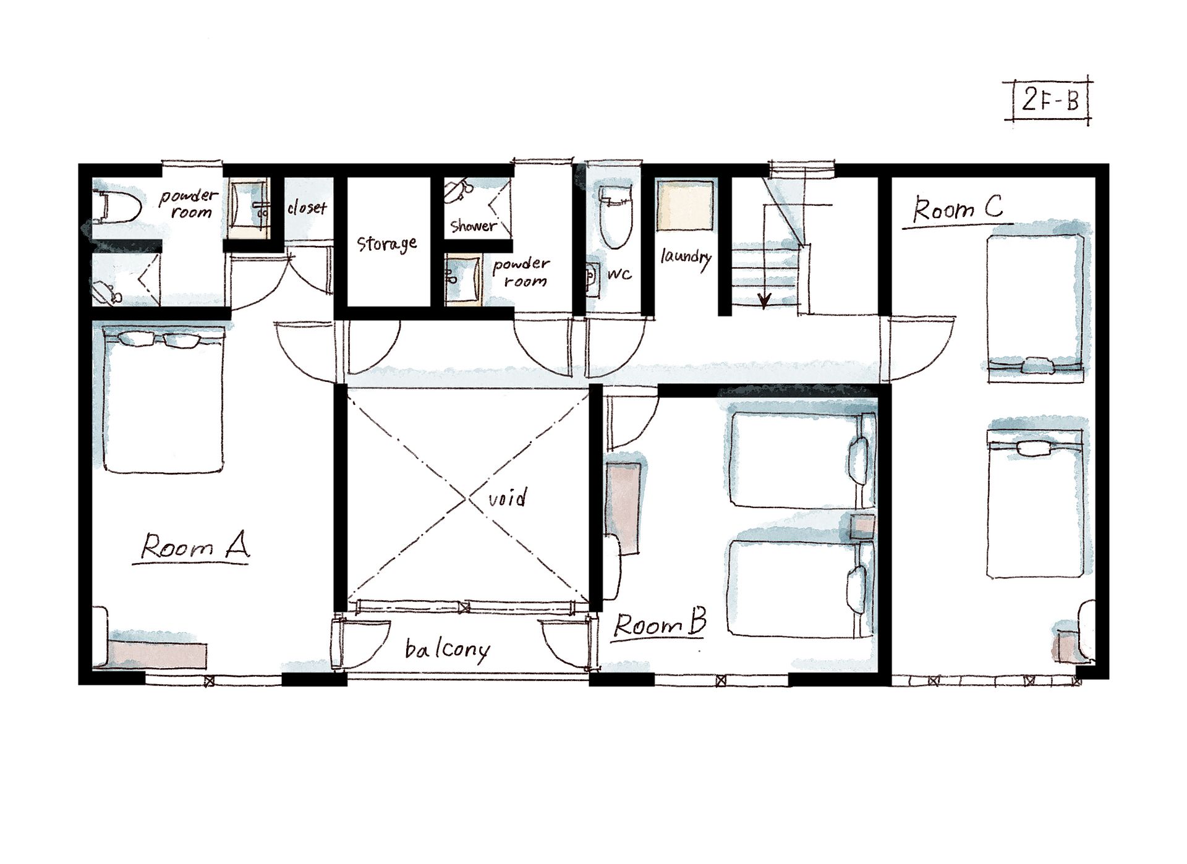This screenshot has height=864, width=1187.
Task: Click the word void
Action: tap(508, 497)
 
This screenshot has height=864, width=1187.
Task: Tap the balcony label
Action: tap(448, 650)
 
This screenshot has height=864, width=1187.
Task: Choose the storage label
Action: tap(387, 244)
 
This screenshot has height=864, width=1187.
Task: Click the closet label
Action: tap(307, 208)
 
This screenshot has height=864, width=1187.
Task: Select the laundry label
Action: tap(686, 257)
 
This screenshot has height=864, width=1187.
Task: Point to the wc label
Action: tap(619, 274)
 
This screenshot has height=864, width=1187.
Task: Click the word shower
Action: tap(474, 226)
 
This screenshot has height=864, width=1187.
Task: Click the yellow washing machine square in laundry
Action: tap(684, 206)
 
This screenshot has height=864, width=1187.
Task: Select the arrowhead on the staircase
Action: tap(765, 301)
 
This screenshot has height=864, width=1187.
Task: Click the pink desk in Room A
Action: tap(158, 655)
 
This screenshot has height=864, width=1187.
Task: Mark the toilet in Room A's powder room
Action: tap(118, 206)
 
